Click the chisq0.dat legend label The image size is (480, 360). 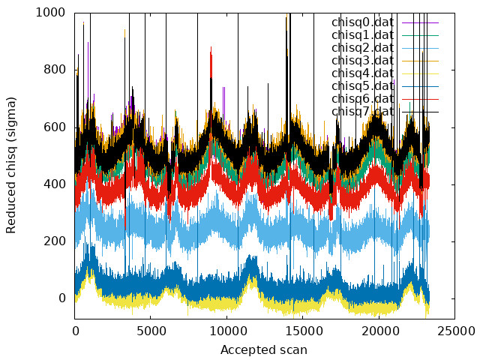pos(362,22)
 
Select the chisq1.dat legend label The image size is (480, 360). pos(362,35)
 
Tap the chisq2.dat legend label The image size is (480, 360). pos(362,48)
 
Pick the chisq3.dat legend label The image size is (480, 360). pos(362,61)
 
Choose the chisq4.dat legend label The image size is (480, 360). pos(362,73)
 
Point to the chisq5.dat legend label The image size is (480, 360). pos(362,86)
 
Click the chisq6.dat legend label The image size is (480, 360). pos(362,99)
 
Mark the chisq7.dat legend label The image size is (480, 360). pos(362,112)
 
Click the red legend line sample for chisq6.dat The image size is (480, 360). pos(420,99)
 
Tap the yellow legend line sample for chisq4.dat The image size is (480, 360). pos(420,73)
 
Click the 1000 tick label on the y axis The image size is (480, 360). pos(50,13)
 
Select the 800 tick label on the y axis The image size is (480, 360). pos(55,70)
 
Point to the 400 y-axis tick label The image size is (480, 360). pos(55,184)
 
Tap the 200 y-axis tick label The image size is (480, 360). pos(55,241)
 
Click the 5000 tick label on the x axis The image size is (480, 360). pos(151,331)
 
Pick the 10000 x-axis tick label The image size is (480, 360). pos(226,331)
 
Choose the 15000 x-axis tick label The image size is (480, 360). pos(303,331)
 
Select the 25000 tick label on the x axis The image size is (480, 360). pos(455,331)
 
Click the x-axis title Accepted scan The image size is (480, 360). pos(264,350)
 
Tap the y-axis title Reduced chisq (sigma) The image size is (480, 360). pos(11,166)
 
